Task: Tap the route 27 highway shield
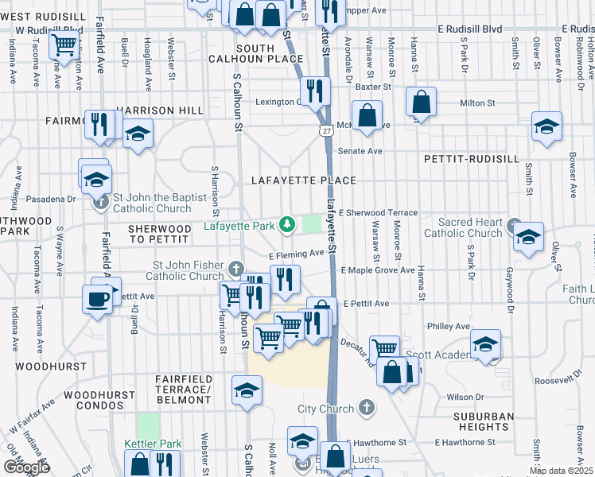point(326,130)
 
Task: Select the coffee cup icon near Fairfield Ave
point(98,300)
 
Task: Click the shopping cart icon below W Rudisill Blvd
point(64,45)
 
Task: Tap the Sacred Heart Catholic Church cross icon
point(513,224)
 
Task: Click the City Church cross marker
point(366,409)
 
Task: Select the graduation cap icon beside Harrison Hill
point(138,133)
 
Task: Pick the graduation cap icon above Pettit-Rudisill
point(546,127)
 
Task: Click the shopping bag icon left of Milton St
point(421,102)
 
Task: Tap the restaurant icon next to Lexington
point(317,91)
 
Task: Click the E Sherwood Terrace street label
point(378,213)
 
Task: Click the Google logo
point(25,467)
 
